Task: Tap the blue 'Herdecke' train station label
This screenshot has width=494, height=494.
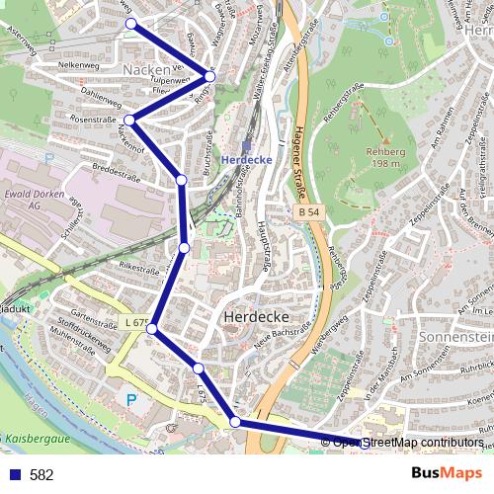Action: click(x=246, y=160)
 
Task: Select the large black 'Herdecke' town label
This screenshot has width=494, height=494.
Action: click(x=255, y=317)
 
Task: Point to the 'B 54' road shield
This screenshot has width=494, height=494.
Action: click(x=309, y=211)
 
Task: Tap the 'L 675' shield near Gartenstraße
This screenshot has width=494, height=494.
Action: click(x=137, y=323)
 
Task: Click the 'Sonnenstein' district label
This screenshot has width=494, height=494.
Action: click(x=457, y=337)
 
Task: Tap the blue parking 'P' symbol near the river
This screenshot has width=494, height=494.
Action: click(x=133, y=400)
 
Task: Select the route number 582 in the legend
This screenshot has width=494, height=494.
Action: click(x=41, y=474)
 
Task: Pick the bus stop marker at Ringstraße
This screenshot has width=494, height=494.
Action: click(x=209, y=75)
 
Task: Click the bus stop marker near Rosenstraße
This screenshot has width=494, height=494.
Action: click(x=129, y=121)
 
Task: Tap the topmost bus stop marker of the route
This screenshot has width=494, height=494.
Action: click(x=130, y=23)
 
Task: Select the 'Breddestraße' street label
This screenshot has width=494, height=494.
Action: click(x=117, y=168)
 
